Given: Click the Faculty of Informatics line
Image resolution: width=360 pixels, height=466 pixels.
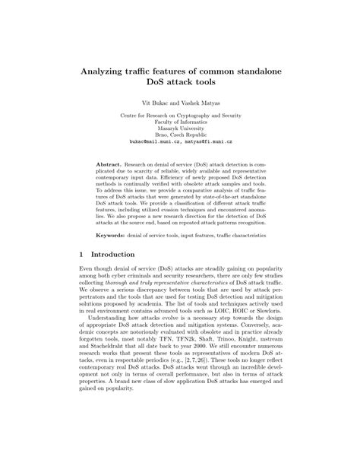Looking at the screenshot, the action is (180, 121).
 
